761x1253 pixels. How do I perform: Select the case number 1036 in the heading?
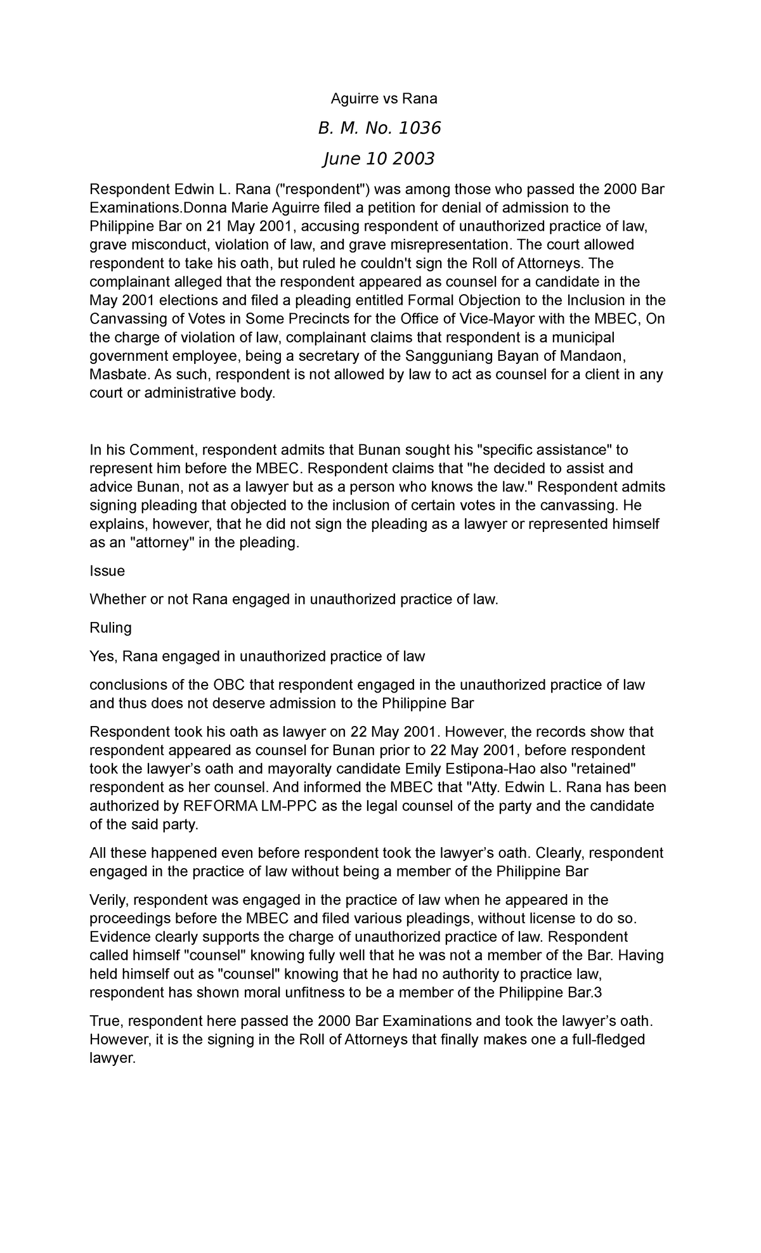(x=419, y=129)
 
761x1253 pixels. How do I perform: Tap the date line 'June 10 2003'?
(x=379, y=159)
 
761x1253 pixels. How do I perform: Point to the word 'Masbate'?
(x=119, y=375)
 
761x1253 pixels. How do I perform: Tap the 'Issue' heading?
(x=107, y=571)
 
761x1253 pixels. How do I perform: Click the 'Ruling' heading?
(x=110, y=628)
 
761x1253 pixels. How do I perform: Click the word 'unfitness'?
(x=307, y=993)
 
